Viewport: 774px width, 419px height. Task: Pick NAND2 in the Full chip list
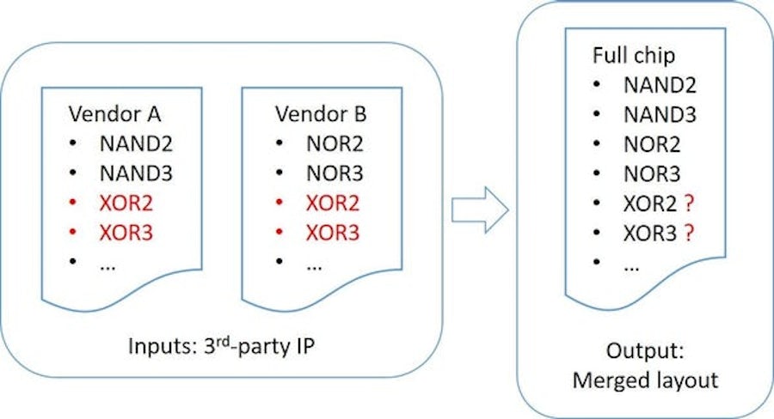pos(660,85)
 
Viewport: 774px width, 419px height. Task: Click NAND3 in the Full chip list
pos(660,115)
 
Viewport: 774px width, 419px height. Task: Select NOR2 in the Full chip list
pos(653,145)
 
